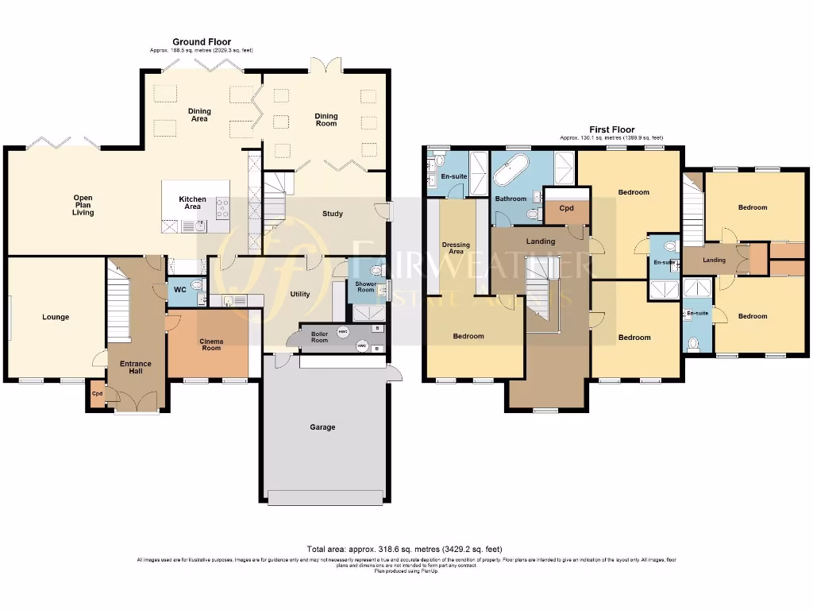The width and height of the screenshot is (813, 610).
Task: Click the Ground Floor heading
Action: (202, 41)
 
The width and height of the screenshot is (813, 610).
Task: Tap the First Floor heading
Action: (611, 129)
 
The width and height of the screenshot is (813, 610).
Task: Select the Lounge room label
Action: (56, 317)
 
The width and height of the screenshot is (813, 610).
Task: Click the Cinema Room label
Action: (211, 345)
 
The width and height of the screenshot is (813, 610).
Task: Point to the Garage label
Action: (322, 427)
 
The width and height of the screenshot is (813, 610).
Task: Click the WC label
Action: (180, 290)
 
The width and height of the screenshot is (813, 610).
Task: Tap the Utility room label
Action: (300, 294)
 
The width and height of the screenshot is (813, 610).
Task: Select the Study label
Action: (333, 214)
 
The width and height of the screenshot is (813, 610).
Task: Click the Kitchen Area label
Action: (193, 203)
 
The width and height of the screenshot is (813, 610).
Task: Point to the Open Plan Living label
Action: (83, 205)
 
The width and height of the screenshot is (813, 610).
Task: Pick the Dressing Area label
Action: (457, 249)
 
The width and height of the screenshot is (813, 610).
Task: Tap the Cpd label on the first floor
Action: (566, 209)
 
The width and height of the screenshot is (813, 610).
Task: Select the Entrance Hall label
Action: (135, 368)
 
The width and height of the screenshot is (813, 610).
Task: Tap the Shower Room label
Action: (365, 287)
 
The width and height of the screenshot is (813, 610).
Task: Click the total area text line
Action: (404, 549)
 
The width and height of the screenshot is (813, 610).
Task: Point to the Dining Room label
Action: (326, 120)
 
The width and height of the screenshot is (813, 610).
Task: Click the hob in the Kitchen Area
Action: (222, 208)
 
